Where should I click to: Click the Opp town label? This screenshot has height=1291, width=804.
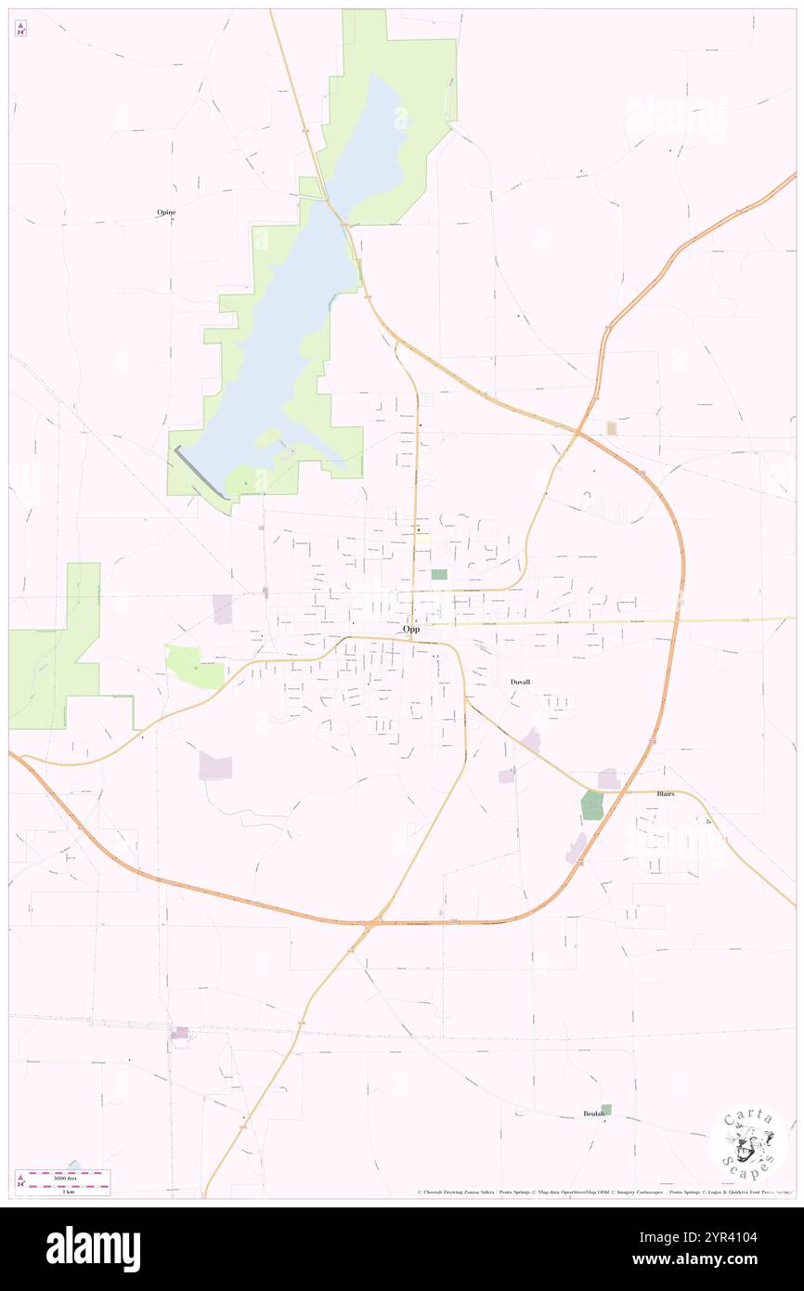coord(411,629)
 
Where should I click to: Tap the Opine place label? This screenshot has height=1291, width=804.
coord(166,213)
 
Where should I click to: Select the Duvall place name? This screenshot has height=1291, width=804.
coord(520,682)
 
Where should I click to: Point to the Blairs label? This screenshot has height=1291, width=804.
coord(665,794)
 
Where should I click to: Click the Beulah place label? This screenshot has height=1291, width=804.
coord(593,1113)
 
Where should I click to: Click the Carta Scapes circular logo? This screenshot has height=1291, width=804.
coord(748,1143)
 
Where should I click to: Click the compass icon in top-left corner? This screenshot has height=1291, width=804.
coord(20,29)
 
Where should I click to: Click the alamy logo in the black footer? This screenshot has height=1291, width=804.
coord(94,1248)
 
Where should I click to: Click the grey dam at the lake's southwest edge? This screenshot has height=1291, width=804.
coord(200,470)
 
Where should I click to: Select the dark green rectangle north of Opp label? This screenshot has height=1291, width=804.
coord(438,574)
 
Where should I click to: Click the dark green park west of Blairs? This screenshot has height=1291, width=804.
coord(591,804)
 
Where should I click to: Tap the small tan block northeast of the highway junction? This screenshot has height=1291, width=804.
coord(612,427)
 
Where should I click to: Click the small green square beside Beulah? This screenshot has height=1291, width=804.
coord(606,1109)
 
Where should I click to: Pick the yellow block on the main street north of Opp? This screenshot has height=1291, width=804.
coord(421,533)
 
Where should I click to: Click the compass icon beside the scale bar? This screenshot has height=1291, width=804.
coord(21,1180)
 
